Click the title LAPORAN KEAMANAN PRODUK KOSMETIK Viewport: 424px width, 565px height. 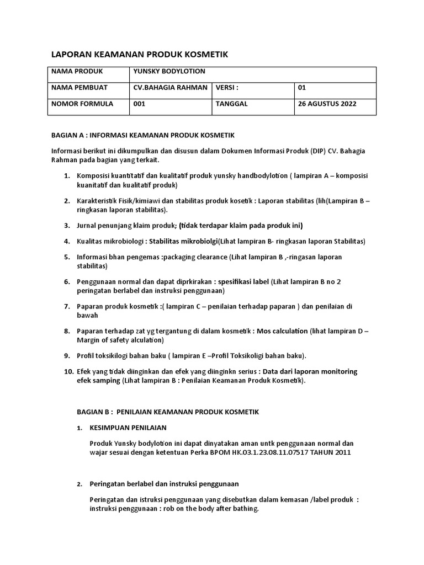139,54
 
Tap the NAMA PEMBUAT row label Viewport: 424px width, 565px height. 79,88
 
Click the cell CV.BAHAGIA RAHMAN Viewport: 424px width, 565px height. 171,88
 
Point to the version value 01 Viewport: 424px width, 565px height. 301,88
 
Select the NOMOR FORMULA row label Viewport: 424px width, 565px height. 82,104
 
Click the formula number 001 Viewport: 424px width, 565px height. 140,104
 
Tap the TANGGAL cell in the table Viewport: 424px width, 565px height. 231,104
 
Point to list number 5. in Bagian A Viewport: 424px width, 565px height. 66,257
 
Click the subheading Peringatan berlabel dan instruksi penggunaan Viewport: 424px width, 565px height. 164,484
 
